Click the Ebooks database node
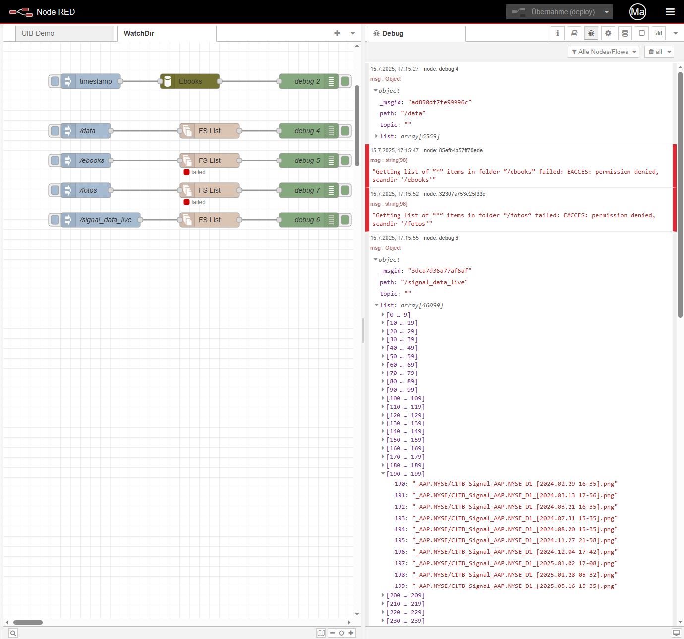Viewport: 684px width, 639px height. pos(190,81)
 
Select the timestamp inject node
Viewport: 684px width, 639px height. pos(91,81)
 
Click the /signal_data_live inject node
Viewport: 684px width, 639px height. pos(101,220)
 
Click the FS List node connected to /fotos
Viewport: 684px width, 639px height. pos(209,190)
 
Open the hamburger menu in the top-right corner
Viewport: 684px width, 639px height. pos(670,12)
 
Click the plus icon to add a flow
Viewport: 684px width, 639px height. pos(337,33)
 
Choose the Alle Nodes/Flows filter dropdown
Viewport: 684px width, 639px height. pos(603,52)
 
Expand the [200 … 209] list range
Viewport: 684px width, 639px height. pos(405,595)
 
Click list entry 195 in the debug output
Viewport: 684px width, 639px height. pos(506,540)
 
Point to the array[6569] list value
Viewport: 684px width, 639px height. pos(420,136)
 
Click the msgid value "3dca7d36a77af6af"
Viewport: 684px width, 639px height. pos(440,271)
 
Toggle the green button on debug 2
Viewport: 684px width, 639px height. pos(345,81)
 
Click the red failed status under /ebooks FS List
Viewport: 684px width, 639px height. pos(186,172)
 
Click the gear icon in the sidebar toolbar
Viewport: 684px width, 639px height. pos(608,33)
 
